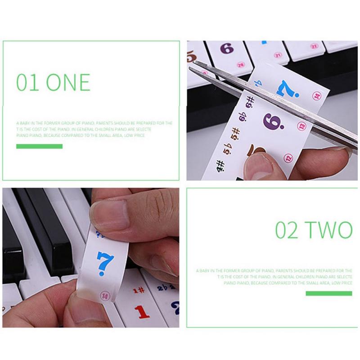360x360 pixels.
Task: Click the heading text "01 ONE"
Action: click(53, 82)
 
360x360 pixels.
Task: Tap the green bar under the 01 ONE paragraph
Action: click(39, 146)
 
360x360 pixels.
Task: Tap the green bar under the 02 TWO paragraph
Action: click(329, 293)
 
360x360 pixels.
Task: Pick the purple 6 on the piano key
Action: click(226, 49)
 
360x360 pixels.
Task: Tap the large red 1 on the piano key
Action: click(142, 311)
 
